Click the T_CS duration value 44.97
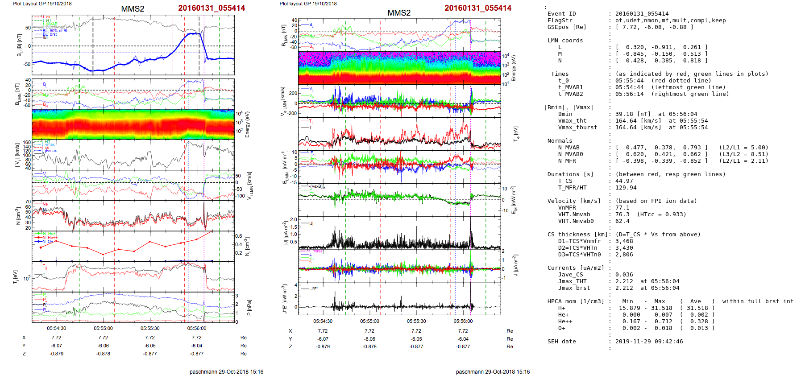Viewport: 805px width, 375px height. (624, 181)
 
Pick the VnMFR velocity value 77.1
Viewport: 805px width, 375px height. (622, 208)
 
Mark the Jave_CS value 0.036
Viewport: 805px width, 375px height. (624, 275)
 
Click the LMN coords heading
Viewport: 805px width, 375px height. (565, 41)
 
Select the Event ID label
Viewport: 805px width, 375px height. (561, 14)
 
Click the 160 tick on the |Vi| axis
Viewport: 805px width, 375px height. (27, 143)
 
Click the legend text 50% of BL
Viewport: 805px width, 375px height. (59, 31)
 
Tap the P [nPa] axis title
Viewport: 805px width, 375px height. (249, 308)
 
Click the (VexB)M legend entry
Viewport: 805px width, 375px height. (317, 186)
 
